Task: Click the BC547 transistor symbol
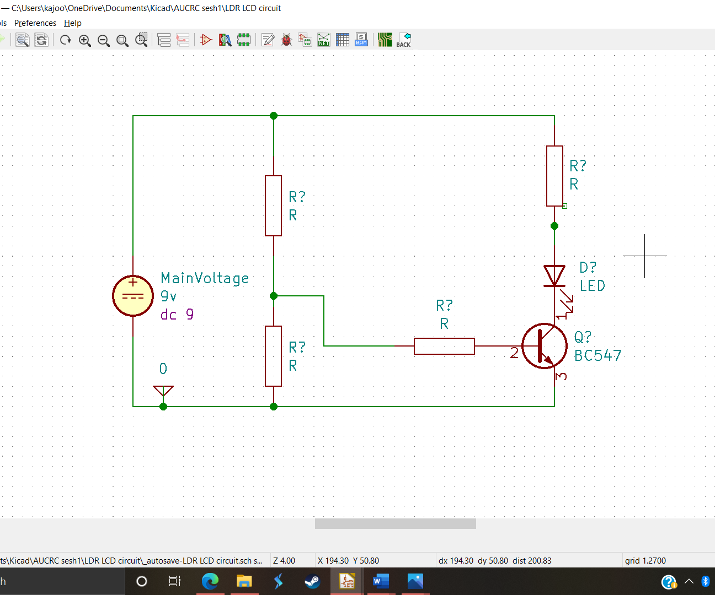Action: coord(544,346)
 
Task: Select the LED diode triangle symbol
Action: coord(554,276)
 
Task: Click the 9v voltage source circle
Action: coord(133,296)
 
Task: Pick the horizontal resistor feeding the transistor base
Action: coord(444,346)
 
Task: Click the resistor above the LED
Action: coord(554,176)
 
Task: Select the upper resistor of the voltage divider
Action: coord(274,205)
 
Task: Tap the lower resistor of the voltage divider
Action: coord(274,356)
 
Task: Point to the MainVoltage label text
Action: coord(205,278)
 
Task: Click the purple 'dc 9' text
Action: coord(177,315)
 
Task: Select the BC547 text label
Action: coord(597,356)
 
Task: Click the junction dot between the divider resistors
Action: coord(274,296)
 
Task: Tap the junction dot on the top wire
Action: coord(274,116)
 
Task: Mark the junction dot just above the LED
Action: coord(554,226)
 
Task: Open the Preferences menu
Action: coord(35,23)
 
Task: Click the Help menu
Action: coord(73,23)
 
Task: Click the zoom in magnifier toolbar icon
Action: coord(84,40)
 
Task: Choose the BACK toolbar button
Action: coord(403,40)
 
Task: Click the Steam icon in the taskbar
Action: coord(312,581)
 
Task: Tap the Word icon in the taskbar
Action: coord(380,581)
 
